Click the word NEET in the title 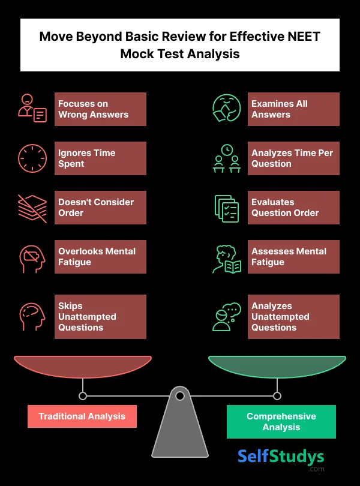[304, 37]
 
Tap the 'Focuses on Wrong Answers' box [100, 109]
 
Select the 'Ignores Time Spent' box [100, 158]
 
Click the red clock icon [32, 158]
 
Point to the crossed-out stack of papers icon [32, 208]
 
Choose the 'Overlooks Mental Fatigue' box [100, 257]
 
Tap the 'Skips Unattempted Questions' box [100, 317]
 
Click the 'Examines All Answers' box [293, 109]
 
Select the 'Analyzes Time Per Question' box [293, 158]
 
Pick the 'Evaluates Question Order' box [293, 208]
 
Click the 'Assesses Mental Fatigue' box [293, 257]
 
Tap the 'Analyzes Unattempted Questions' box [293, 317]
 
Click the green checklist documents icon [227, 208]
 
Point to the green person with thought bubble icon [227, 317]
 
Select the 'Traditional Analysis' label [82, 416]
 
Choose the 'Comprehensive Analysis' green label [281, 422]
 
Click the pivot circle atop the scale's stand [180, 396]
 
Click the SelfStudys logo [281, 460]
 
